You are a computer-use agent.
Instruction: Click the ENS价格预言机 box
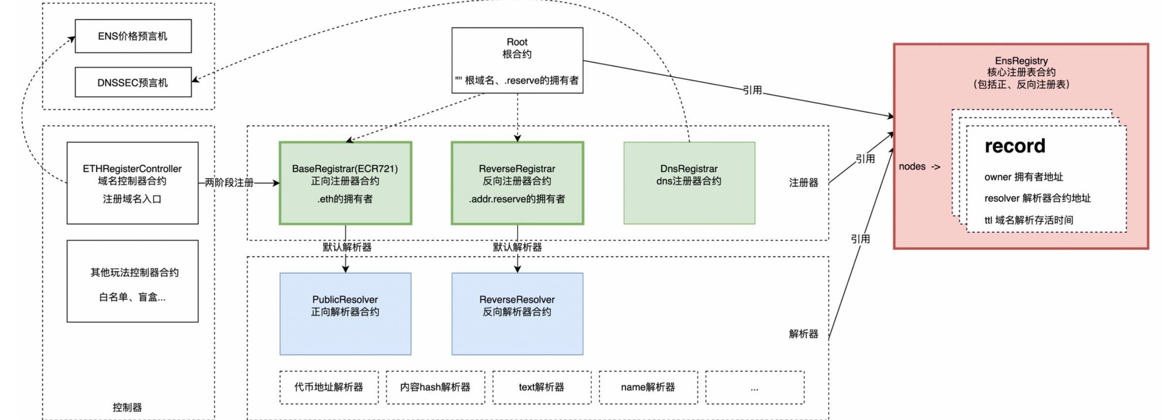pos(133,36)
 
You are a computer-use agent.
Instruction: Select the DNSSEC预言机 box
pos(133,82)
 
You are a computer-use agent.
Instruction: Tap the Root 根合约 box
pos(517,60)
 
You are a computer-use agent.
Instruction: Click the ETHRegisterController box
pos(132,183)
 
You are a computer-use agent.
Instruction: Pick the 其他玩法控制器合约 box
pos(132,281)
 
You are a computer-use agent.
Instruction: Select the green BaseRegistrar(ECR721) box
pos(345,183)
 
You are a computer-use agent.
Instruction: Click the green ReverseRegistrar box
pos(517,183)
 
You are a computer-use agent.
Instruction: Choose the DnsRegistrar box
pos(689,183)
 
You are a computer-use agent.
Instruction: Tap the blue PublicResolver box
pos(345,314)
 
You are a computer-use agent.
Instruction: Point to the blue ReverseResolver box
pos(517,314)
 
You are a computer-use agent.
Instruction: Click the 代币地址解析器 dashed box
pos(329,387)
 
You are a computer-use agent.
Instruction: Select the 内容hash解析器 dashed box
pos(435,387)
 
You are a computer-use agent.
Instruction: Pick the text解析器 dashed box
pos(542,387)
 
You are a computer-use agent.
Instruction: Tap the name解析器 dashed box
pos(648,387)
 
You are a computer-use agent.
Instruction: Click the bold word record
pos(1014,146)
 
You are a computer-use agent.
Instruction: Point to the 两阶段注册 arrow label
pos(229,183)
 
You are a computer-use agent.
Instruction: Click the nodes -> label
pos(919,167)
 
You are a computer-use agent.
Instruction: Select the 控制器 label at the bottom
pos(127,407)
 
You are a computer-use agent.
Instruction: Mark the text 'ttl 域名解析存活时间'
pos(1029,220)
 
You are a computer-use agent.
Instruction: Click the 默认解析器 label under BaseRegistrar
pos(347,247)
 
